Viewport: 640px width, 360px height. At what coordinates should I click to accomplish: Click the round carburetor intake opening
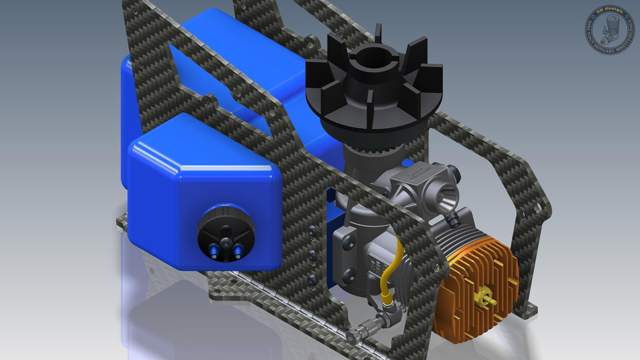click(445, 196)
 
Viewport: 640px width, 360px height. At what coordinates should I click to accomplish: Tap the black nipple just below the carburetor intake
click(453, 218)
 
